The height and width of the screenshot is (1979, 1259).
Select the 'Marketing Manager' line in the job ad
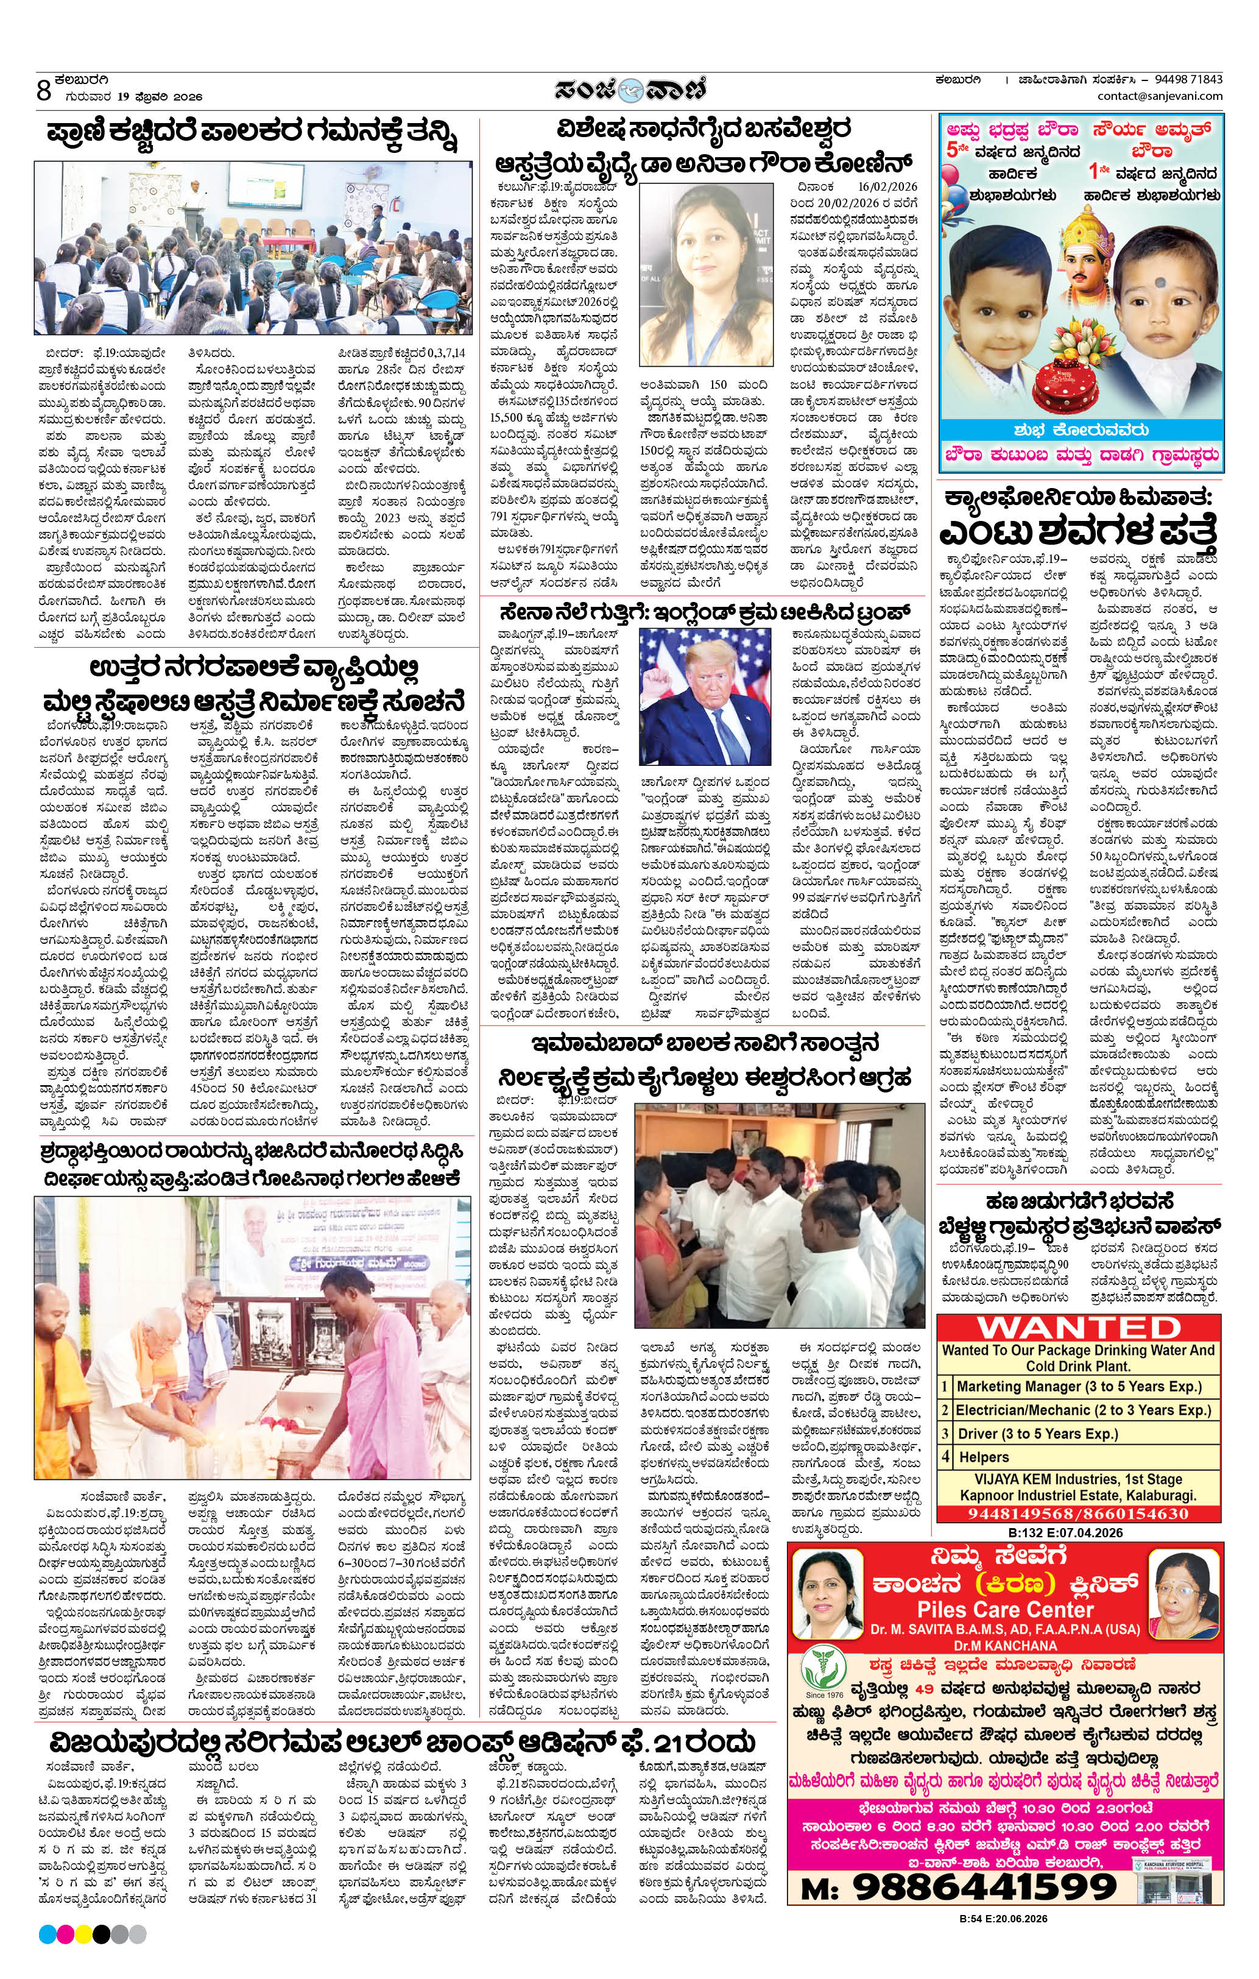click(x=1078, y=1386)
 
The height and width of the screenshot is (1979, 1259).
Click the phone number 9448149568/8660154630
click(x=1078, y=1514)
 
